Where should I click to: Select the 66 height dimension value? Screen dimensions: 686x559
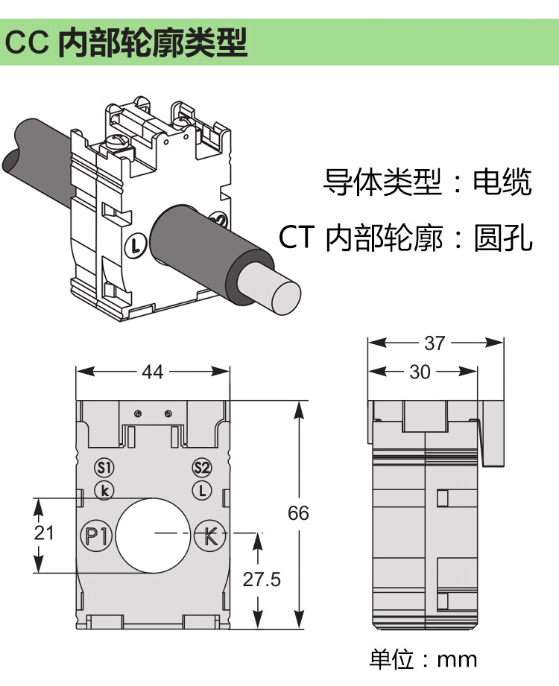298,513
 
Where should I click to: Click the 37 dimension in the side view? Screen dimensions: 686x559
435,343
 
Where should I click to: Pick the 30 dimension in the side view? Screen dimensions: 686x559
420,372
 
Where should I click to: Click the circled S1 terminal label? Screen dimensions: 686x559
104,468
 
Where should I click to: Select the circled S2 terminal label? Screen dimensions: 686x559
202,468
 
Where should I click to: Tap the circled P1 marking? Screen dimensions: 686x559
95,535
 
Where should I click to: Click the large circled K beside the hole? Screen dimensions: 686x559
209,535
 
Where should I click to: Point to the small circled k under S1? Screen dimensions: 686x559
104,489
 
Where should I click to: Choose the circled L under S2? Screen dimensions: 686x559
202,490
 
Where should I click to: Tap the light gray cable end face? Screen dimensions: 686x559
287,295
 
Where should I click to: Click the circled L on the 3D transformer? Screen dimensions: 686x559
135,244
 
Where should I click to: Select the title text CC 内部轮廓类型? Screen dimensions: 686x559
126,43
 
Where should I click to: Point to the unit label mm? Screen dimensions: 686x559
456,659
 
